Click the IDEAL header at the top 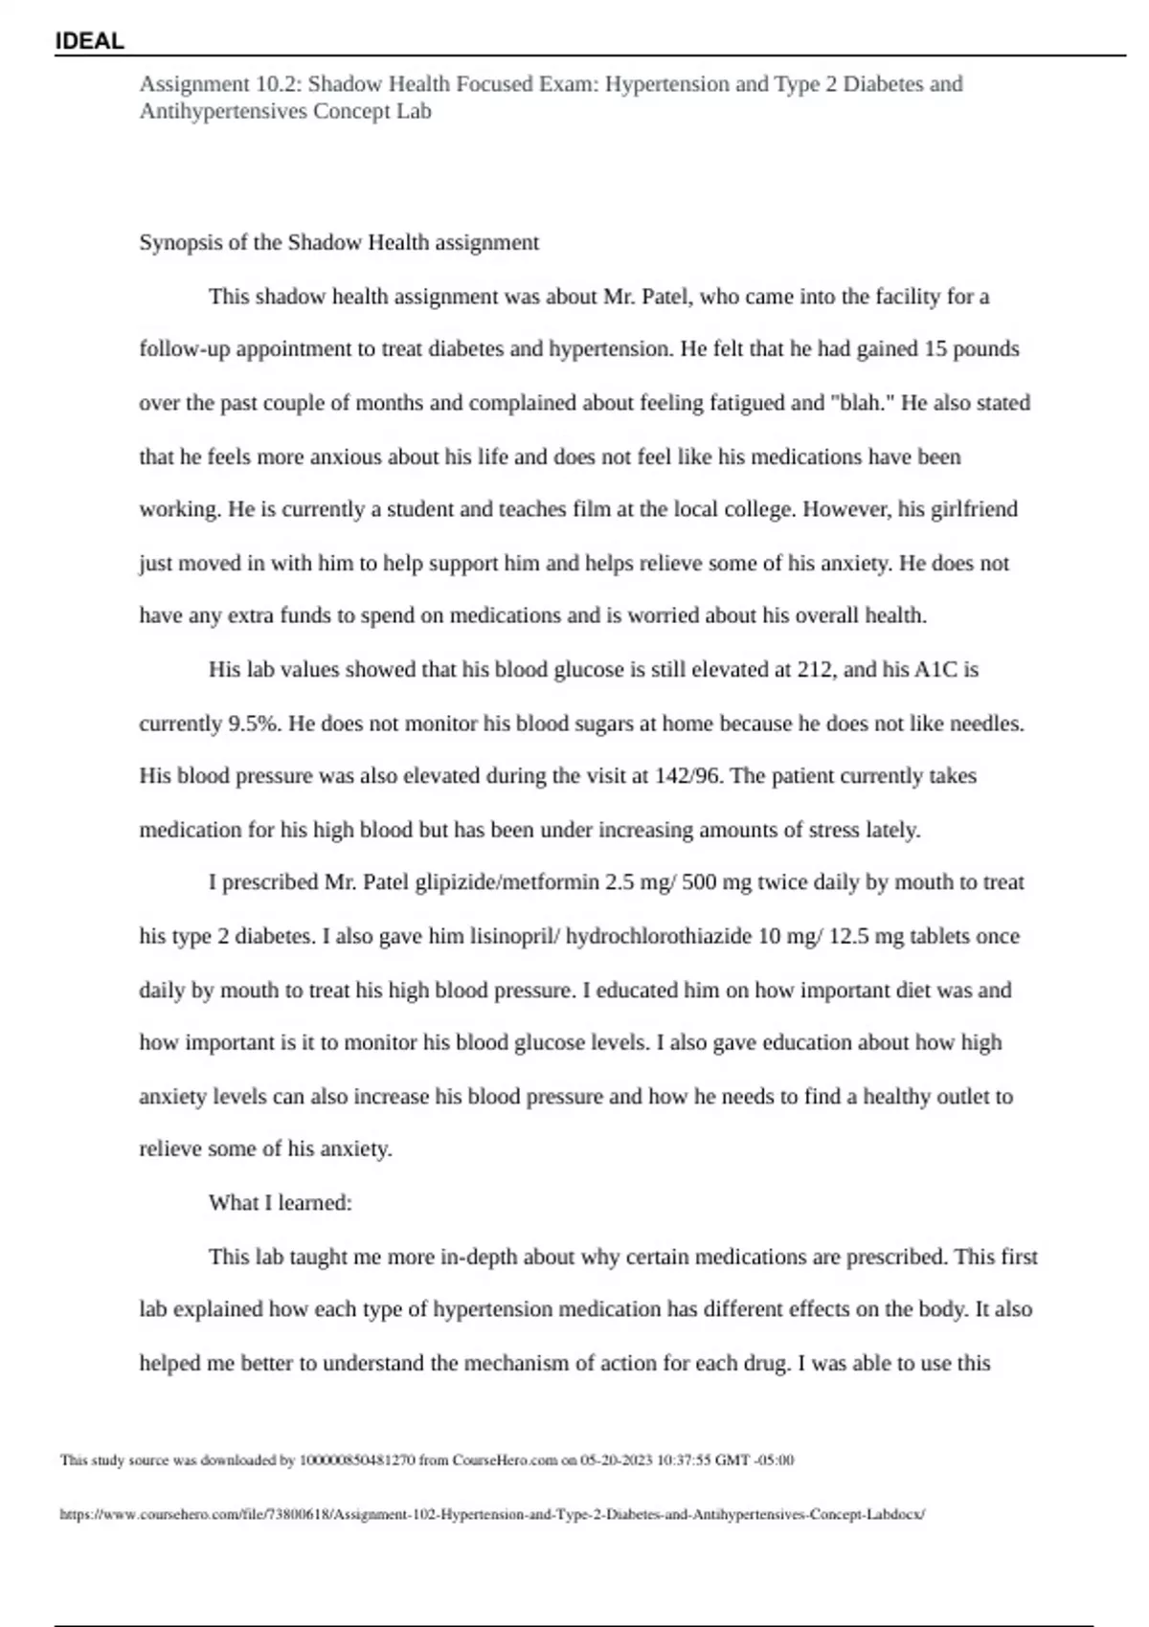89,41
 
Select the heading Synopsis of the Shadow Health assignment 339,242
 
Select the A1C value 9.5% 254,724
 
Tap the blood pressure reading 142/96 688,775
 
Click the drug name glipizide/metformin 507,881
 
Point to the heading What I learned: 281,1203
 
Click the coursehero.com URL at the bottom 492,1515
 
